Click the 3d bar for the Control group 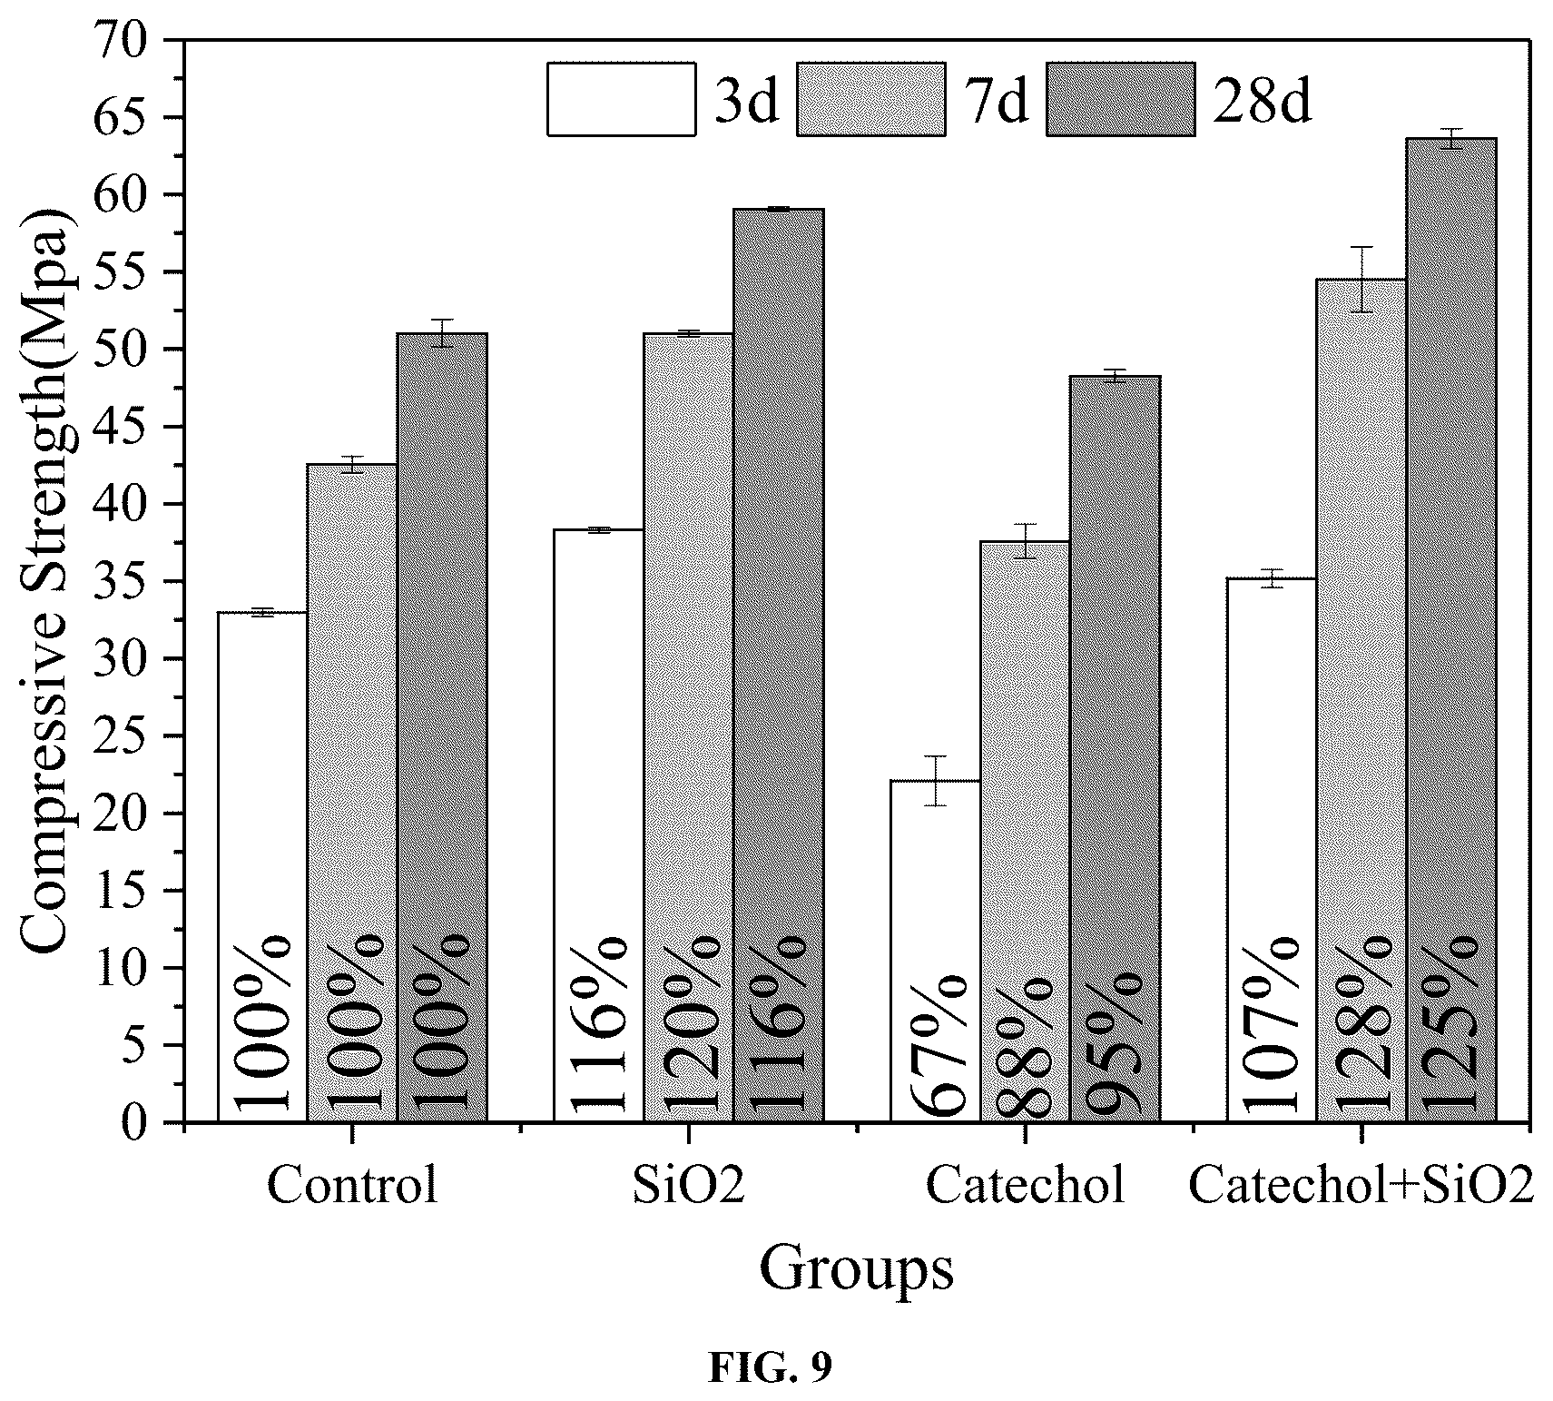click(x=262, y=867)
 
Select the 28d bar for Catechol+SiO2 click(x=1451, y=630)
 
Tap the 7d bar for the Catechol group click(x=1025, y=832)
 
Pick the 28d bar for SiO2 click(x=779, y=666)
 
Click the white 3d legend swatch click(x=622, y=99)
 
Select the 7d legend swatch click(x=871, y=99)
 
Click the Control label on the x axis click(x=352, y=1186)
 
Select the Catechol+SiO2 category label click(x=1361, y=1186)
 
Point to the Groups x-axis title click(x=857, y=1269)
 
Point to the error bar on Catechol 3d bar click(x=935, y=780)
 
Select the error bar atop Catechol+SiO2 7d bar click(x=1361, y=279)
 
